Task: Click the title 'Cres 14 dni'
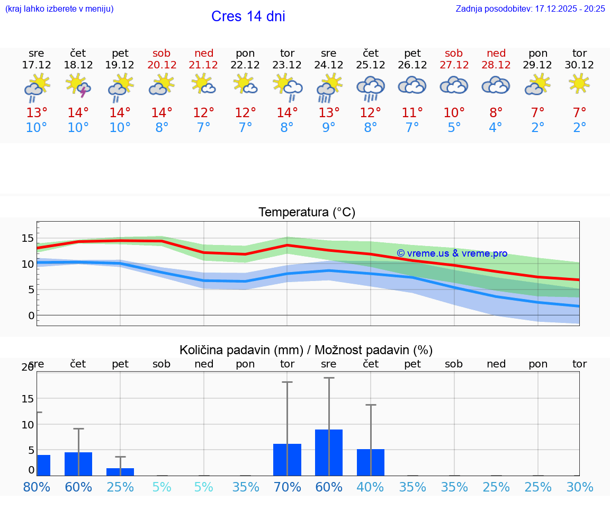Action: [248, 16]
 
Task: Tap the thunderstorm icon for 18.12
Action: [78, 86]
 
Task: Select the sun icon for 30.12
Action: [579, 83]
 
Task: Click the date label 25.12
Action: [371, 65]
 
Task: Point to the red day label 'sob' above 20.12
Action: [162, 53]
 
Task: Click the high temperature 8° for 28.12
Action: [496, 113]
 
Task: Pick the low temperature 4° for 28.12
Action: [496, 128]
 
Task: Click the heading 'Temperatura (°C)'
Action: [307, 213]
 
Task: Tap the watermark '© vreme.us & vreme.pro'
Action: [452, 253]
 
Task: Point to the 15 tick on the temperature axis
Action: [28, 238]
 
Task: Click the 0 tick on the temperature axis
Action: [31, 316]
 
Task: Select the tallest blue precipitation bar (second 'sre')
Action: [329, 452]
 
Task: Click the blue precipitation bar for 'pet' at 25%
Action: [120, 472]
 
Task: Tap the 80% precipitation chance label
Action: [37, 487]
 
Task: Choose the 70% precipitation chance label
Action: [287, 487]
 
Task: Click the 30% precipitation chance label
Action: [579, 487]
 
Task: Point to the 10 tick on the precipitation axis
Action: [28, 425]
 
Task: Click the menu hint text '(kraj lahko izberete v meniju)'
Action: [59, 8]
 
